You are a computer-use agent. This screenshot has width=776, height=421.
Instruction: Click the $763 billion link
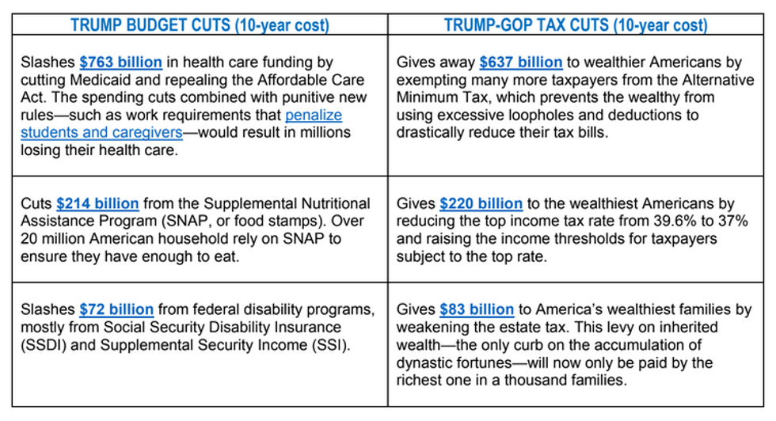(120, 63)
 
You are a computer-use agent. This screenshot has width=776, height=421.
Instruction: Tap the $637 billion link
(520, 63)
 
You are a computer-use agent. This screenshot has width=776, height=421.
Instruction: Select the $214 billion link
(97, 204)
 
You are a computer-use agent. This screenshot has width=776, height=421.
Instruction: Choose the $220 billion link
(481, 204)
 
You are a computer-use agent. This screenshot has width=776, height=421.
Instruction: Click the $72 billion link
(116, 309)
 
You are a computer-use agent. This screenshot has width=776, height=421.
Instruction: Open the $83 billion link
(477, 309)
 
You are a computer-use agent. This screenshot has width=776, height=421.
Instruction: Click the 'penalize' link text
(314, 115)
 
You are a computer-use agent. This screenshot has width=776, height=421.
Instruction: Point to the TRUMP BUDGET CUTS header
(199, 25)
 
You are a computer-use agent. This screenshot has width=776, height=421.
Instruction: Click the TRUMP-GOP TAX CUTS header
(576, 25)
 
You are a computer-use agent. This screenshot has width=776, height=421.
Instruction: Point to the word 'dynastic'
(431, 362)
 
